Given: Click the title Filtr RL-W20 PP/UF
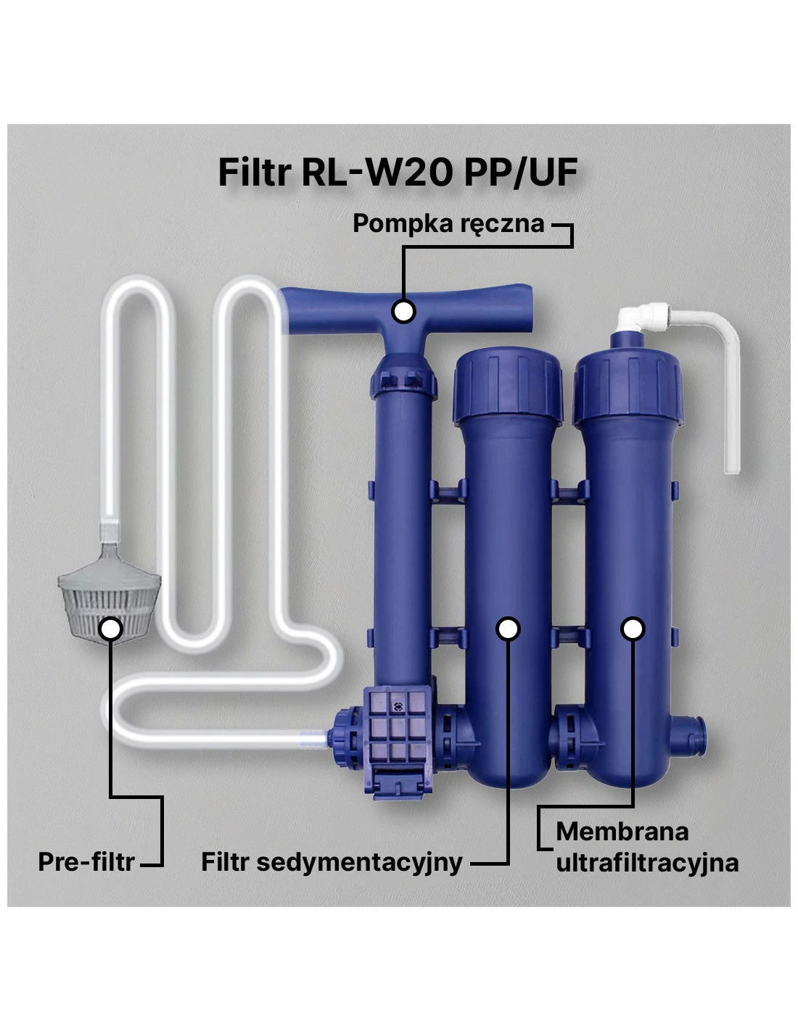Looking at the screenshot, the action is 398,172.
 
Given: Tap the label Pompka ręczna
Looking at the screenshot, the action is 448,223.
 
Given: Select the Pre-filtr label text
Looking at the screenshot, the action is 86,861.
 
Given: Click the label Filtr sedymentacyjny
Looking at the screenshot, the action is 332,861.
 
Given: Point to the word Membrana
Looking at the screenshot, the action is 622,831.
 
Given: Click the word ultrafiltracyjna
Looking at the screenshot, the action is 647,863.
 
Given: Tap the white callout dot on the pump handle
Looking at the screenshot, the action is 403,311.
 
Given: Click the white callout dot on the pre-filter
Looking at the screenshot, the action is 112,629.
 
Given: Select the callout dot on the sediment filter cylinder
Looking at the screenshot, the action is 508,629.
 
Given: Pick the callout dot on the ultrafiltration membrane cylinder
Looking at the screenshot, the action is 633,629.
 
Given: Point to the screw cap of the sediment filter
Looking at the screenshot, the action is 508,385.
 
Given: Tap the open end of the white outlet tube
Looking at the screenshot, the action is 732,469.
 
